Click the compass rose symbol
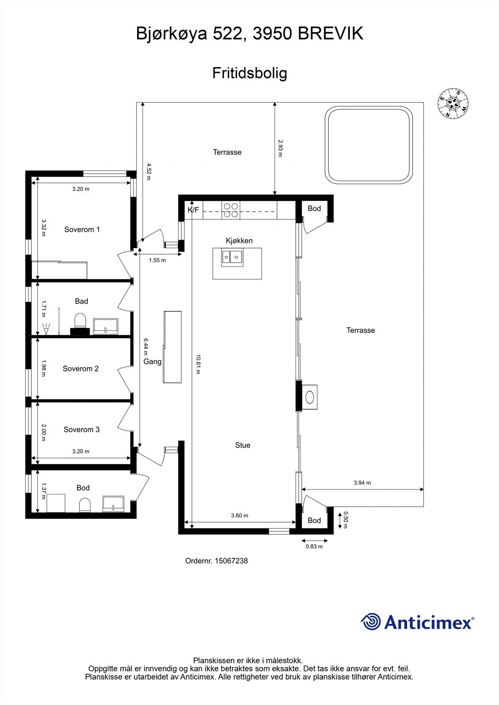pyautogui.click(x=453, y=104)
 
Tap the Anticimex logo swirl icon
pyautogui.click(x=371, y=622)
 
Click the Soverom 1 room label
pyautogui.click(x=82, y=230)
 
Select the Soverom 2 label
pyautogui.click(x=81, y=369)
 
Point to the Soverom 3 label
pyautogui.click(x=82, y=430)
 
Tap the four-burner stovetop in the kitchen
pyautogui.click(x=231, y=210)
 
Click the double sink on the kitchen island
pyautogui.click(x=232, y=257)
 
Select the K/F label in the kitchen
pyautogui.click(x=193, y=210)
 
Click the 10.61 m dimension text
pyautogui.click(x=198, y=364)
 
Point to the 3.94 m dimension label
pyautogui.click(x=362, y=483)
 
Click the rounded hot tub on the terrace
pyautogui.click(x=369, y=145)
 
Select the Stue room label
pyautogui.click(x=243, y=445)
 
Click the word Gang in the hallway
pyautogui.click(x=153, y=362)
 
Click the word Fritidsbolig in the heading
pyautogui.click(x=250, y=73)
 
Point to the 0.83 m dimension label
pyautogui.click(x=314, y=547)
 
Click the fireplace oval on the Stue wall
pyautogui.click(x=311, y=397)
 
